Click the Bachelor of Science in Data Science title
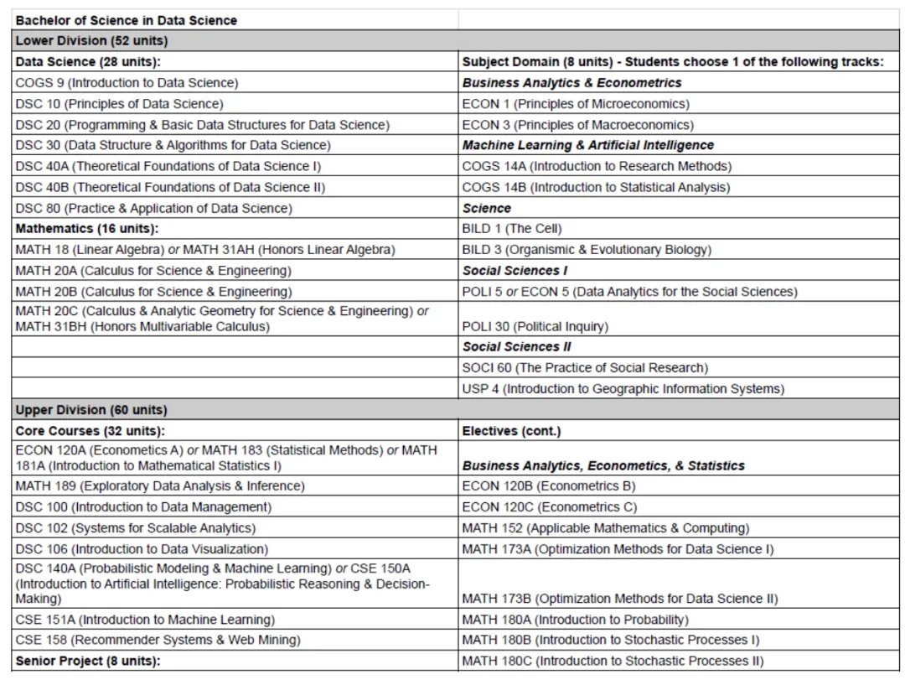tap(127, 20)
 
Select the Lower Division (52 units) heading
tap(91, 41)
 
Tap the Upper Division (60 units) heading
tap(91, 410)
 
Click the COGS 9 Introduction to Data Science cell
tap(127, 83)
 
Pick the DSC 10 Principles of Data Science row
tap(119, 104)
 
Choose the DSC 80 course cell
tap(153, 208)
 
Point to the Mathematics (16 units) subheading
tap(86, 229)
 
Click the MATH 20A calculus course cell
tap(153, 271)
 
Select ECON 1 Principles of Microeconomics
tap(576, 104)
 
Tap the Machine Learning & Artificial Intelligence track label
tap(588, 146)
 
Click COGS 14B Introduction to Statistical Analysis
tap(596, 187)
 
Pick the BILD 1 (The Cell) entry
tap(512, 229)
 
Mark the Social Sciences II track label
tap(517, 347)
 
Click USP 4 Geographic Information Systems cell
tap(623, 389)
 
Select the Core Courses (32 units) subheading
tap(88, 431)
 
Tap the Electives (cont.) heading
tap(511, 431)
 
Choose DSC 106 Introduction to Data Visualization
tap(142, 549)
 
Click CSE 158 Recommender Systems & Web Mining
tap(158, 640)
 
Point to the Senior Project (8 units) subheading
tap(87, 661)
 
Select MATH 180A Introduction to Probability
tap(575, 620)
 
